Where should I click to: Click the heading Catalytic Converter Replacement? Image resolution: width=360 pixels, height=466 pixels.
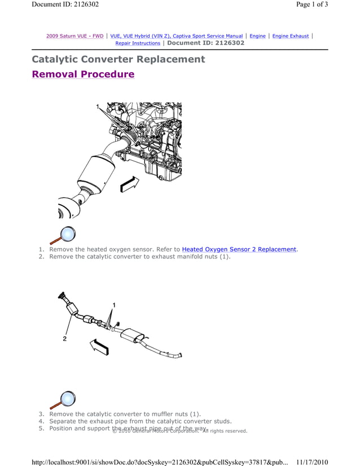click(x=118, y=59)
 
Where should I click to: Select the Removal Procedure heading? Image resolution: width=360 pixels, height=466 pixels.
click(x=83, y=74)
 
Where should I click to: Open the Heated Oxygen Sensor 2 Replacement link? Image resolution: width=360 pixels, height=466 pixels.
click(x=239, y=249)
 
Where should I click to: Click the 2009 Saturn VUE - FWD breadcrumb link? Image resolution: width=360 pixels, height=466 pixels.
click(x=74, y=36)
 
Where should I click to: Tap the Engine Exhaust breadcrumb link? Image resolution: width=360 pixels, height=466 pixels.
click(x=291, y=36)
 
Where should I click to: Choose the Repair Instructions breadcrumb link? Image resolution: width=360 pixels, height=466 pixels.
click(x=138, y=43)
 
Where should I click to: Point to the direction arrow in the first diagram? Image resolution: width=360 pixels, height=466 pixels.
click(x=129, y=183)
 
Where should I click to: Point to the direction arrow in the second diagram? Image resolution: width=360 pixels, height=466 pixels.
click(x=100, y=346)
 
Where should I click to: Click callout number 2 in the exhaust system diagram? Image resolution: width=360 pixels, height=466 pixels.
click(x=65, y=339)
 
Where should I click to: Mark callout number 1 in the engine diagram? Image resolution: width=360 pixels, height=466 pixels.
click(x=97, y=106)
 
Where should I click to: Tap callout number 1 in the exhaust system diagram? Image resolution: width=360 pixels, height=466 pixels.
click(x=113, y=305)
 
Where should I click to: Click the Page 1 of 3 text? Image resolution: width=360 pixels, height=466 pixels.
click(x=311, y=5)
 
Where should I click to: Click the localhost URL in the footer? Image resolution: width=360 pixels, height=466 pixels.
click(x=160, y=461)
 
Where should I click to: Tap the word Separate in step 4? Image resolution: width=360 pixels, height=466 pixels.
click(x=65, y=421)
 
